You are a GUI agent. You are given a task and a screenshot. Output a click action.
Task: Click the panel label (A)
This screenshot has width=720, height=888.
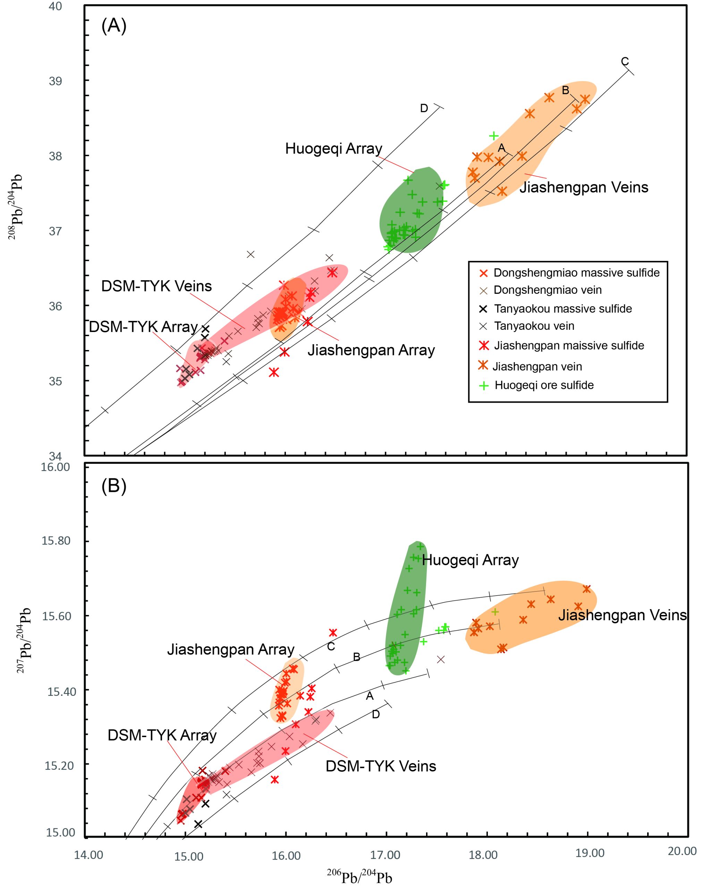coord(114,26)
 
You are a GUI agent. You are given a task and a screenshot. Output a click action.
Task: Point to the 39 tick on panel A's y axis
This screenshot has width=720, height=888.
coord(56,81)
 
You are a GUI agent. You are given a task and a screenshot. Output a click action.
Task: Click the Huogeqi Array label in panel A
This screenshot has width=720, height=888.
coord(333,148)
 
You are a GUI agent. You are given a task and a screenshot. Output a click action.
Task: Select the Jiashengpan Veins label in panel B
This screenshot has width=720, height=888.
coord(622,615)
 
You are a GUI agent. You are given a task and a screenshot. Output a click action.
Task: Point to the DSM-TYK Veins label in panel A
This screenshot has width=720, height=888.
coord(156,286)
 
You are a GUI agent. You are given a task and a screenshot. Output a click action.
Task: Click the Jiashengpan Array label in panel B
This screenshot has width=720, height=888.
coord(231,649)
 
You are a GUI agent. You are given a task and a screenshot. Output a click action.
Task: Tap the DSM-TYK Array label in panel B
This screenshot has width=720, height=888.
coord(162,735)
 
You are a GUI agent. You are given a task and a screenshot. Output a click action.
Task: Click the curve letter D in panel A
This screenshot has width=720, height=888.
coord(423,108)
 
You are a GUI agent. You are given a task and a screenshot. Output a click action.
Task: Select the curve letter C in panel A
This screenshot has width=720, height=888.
coord(625,61)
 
